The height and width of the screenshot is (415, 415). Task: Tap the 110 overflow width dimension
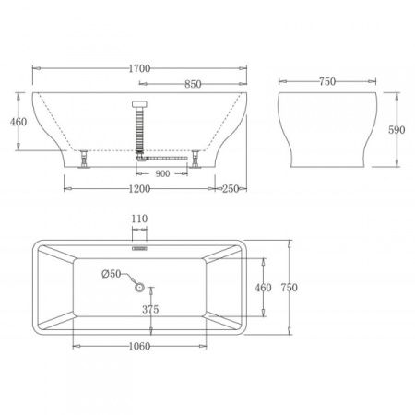(x=140, y=219)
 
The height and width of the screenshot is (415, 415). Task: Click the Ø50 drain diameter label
(x=111, y=273)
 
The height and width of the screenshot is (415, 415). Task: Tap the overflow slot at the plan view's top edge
(x=140, y=246)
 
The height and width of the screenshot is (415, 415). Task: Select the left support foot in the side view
(x=85, y=158)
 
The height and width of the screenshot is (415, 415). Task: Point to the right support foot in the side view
(x=197, y=159)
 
